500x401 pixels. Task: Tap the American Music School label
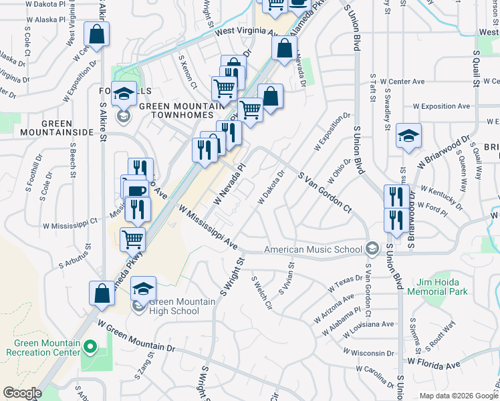pos(313,249)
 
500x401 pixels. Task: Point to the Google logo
pos(21,393)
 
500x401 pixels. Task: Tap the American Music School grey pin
pos(372,249)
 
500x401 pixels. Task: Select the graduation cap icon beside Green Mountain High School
pos(143,289)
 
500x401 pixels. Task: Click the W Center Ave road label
pos(402,82)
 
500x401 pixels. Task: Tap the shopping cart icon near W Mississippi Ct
pos(133,238)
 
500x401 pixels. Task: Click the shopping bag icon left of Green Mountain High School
pos(102,293)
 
